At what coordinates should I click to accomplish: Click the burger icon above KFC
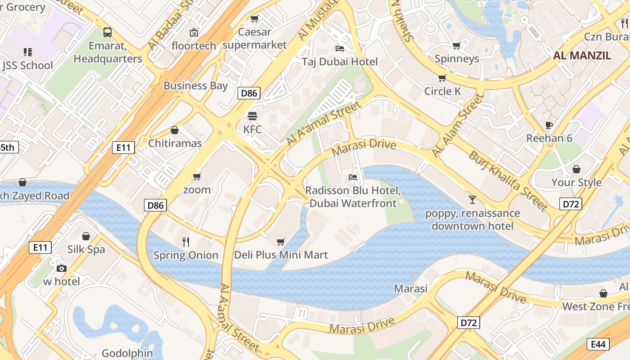click(252, 116)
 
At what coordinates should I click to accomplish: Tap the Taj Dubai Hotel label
click(340, 62)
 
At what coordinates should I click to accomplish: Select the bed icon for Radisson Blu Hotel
click(353, 177)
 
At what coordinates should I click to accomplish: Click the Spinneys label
click(456, 58)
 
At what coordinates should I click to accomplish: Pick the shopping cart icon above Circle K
click(442, 78)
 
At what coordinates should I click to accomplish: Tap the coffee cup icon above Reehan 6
click(549, 125)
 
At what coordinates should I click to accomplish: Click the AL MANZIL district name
click(582, 56)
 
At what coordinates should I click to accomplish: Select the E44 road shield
click(598, 344)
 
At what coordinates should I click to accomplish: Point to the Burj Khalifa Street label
click(508, 181)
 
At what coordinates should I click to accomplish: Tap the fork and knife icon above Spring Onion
click(186, 242)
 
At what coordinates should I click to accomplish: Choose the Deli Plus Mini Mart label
click(281, 255)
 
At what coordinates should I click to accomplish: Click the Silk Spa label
click(86, 249)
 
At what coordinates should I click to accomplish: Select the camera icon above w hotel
click(61, 269)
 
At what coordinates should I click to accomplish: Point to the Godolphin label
click(127, 353)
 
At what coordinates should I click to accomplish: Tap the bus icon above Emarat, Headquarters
click(107, 32)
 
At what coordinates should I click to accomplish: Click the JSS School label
click(27, 66)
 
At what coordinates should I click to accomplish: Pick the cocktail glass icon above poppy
click(472, 200)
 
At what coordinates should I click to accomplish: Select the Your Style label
click(576, 182)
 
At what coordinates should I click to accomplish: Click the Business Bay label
click(195, 85)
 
